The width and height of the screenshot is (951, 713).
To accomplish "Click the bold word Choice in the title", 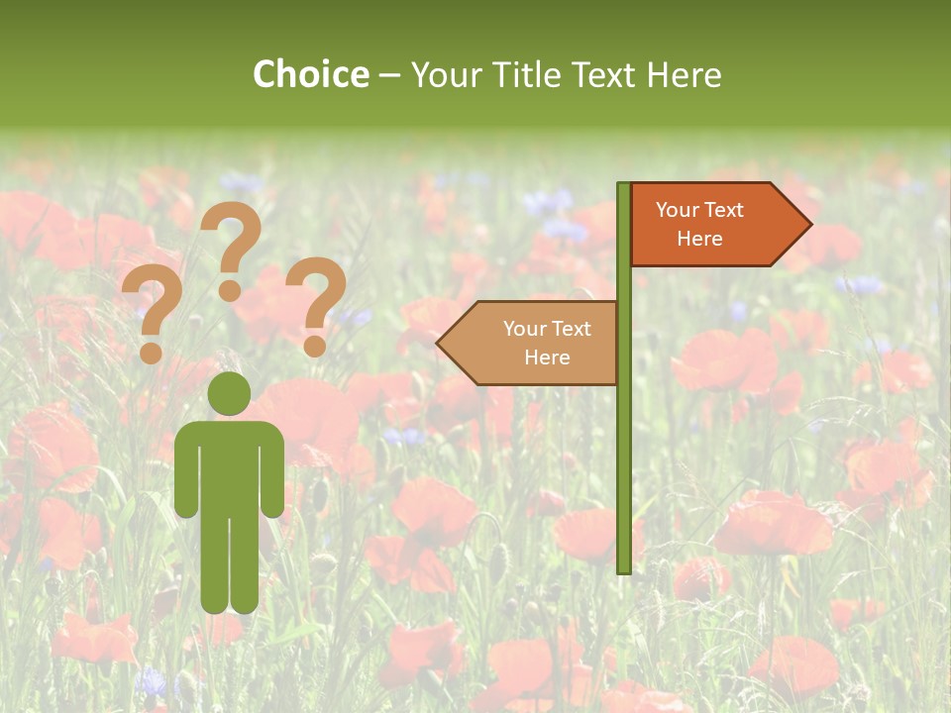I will coord(310,74).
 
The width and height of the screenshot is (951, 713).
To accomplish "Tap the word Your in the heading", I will coord(443,74).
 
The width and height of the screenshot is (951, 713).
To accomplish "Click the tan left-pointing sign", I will coord(535,343).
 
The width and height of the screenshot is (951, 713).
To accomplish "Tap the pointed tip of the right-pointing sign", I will coord(809,225).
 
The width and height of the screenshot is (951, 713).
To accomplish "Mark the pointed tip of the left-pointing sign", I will coord(439,344).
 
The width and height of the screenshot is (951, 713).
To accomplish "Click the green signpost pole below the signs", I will coord(623,475).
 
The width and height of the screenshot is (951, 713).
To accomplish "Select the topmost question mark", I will coord(232,238).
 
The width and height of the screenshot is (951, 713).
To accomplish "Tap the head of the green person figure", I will coord(229,393).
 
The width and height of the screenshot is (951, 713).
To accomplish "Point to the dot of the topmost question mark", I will coord(230,290).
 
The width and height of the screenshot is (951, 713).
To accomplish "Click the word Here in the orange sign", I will coord(699,239).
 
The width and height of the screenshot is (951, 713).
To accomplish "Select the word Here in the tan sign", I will coord(547,357).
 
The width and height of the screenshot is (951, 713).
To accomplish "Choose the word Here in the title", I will coord(684,74).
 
